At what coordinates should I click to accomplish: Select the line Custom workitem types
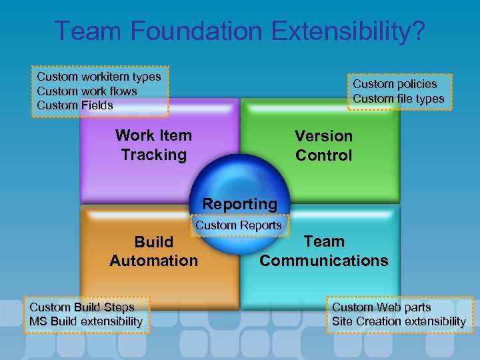99,77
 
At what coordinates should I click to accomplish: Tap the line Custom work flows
87,91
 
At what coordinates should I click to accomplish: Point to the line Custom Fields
75,105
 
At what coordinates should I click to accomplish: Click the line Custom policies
395,84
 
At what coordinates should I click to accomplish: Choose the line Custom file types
398,99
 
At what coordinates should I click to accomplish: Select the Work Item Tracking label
153,145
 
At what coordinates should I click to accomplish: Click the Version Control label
323,145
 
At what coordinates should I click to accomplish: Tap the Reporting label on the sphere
239,203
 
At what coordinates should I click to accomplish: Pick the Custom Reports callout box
238,225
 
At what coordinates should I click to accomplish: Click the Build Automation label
153,251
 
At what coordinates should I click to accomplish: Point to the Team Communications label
323,251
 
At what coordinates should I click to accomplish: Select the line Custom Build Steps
81,307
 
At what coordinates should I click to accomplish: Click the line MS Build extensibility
85,321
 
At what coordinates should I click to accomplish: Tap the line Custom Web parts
381,307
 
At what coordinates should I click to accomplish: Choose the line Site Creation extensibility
399,321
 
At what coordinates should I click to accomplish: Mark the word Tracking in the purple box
153,155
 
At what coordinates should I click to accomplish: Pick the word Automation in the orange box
153,261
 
